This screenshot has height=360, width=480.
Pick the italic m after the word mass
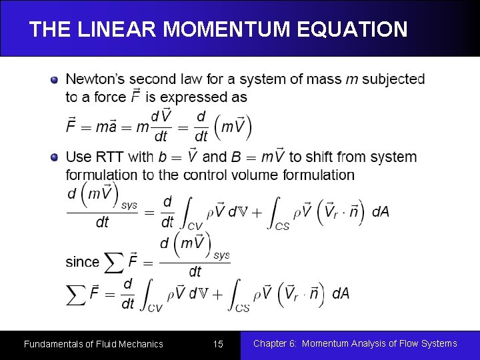[351, 79]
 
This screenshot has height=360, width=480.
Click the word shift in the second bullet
[321, 157]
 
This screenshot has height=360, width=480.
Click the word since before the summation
[82, 262]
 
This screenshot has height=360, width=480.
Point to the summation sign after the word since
[113, 263]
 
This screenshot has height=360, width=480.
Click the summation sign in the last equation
[77, 294]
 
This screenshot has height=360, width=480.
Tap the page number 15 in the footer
[218, 344]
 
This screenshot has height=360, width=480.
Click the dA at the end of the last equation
[341, 293]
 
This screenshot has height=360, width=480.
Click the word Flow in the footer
[399, 344]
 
